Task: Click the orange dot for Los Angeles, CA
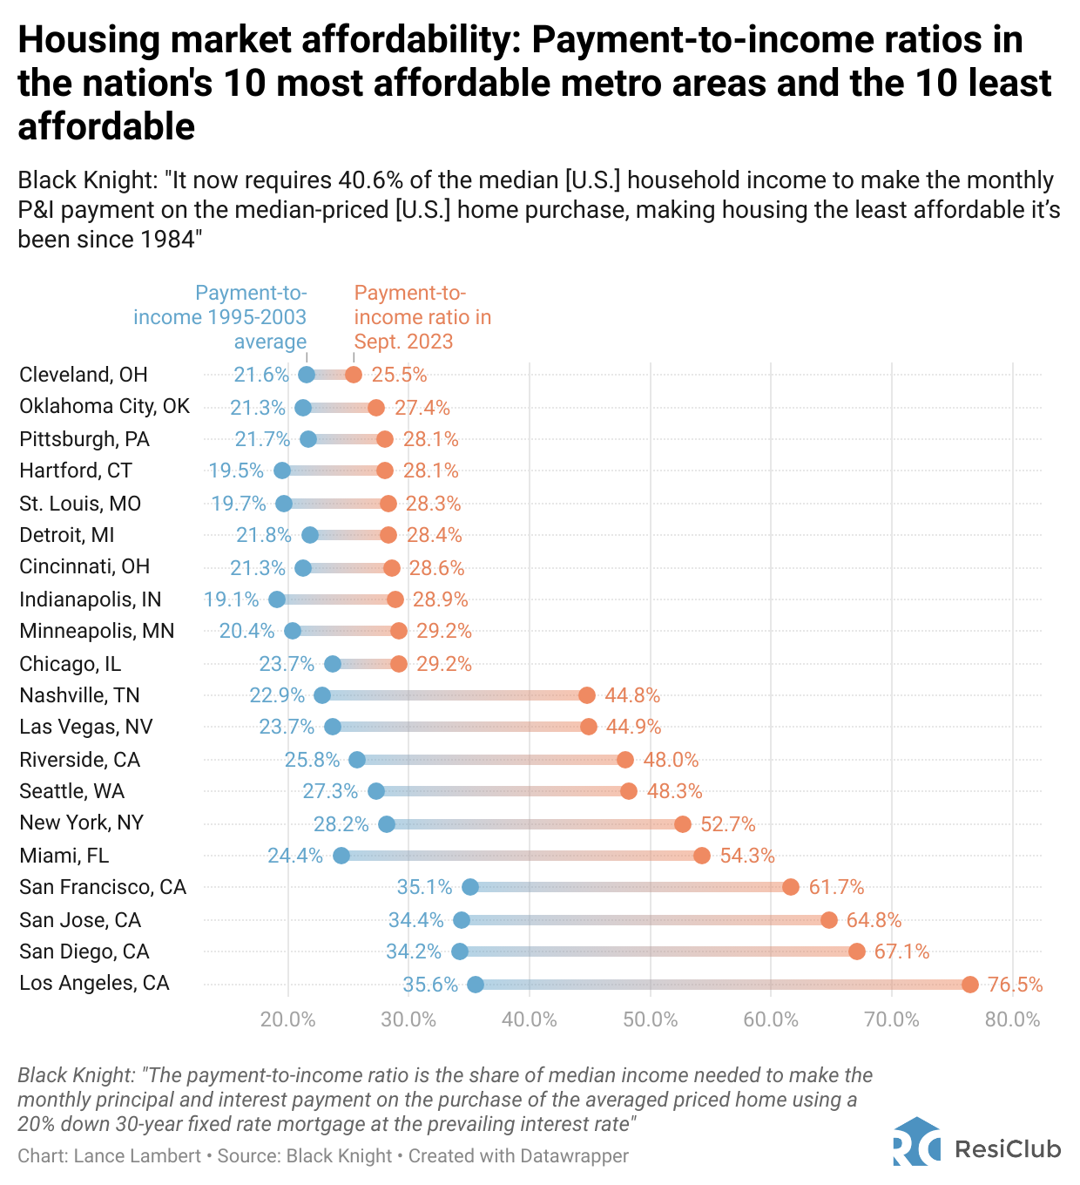(970, 985)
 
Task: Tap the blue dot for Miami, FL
(341, 856)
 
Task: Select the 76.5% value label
(1016, 985)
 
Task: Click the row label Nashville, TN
(79, 695)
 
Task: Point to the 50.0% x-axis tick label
(650, 1019)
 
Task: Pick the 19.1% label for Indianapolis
(232, 599)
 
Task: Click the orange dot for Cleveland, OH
(354, 375)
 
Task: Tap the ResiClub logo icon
(916, 1142)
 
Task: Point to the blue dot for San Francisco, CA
(470, 887)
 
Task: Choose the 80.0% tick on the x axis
(1012, 1019)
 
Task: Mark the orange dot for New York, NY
(683, 824)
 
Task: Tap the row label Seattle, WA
(72, 791)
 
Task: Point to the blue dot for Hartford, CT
(282, 471)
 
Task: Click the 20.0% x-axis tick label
(288, 1019)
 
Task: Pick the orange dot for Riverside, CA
(625, 760)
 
